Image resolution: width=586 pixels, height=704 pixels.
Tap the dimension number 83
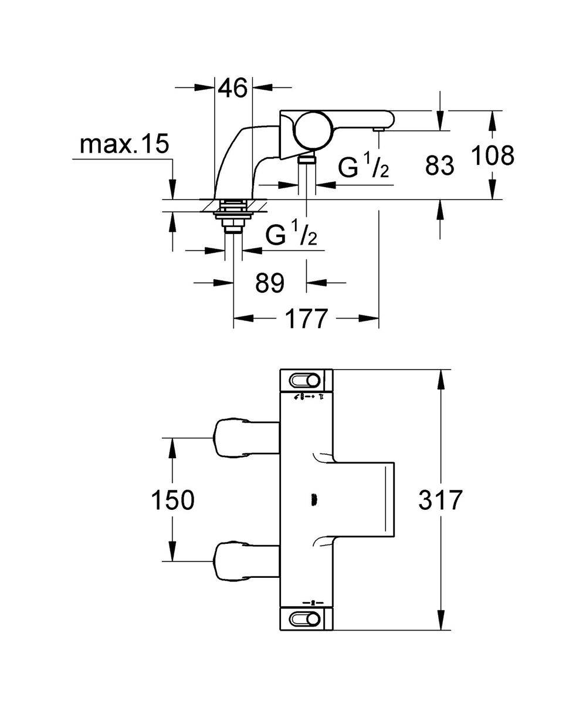click(x=440, y=166)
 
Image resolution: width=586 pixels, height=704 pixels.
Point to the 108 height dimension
click(x=493, y=155)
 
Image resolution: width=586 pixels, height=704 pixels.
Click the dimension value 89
click(x=270, y=283)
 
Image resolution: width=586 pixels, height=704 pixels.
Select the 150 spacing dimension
click(x=172, y=500)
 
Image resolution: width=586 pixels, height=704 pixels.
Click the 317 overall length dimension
click(x=441, y=500)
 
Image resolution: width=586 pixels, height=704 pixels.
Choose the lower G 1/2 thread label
click(x=292, y=235)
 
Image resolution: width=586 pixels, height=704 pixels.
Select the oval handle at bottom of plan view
click(x=305, y=618)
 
